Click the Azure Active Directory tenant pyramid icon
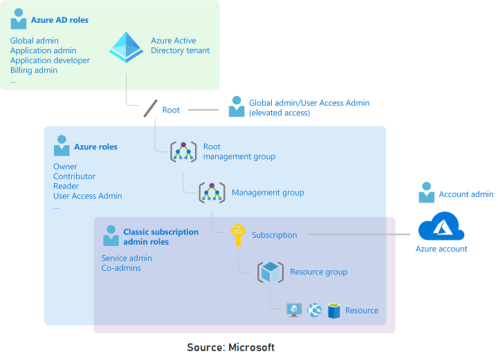(x=127, y=46)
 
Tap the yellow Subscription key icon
(x=238, y=235)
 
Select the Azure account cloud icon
(x=441, y=227)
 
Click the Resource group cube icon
(x=270, y=272)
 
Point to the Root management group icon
(x=183, y=151)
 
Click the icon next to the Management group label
(x=212, y=193)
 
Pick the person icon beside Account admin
(x=426, y=193)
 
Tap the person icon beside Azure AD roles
(x=19, y=19)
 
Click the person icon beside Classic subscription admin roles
(x=111, y=236)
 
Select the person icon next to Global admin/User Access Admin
(x=237, y=106)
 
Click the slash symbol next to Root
(x=150, y=109)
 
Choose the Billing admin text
(x=34, y=70)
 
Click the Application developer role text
(x=50, y=61)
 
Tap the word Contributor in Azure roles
(x=74, y=176)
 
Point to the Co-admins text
(x=121, y=268)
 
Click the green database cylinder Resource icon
(x=334, y=310)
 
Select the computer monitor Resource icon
(x=294, y=310)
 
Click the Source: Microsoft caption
(x=230, y=348)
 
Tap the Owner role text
(x=65, y=167)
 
